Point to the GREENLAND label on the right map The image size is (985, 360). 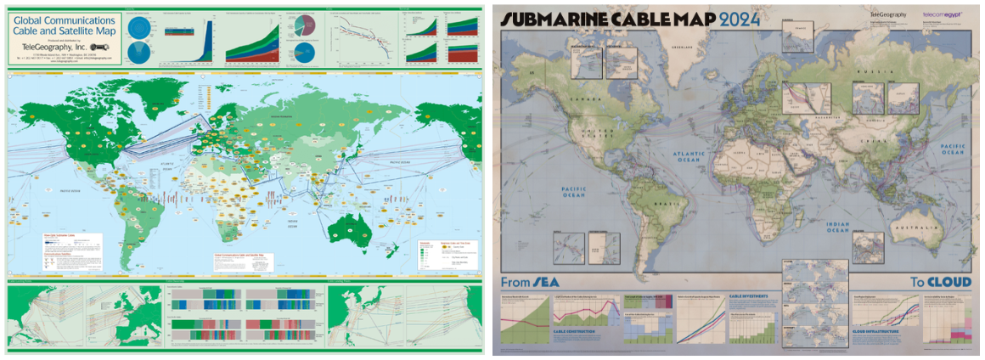(684, 48)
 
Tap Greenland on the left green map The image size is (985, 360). (157, 109)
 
